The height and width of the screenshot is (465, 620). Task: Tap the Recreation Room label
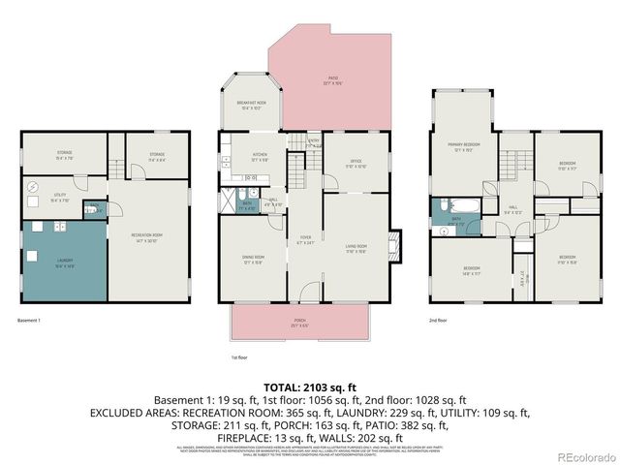click(x=146, y=236)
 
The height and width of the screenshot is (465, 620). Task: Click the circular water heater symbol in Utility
click(x=32, y=185)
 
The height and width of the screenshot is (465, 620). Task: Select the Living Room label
click(x=356, y=248)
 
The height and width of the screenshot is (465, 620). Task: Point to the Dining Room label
click(x=252, y=259)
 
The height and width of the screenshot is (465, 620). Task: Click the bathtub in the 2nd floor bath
click(x=452, y=205)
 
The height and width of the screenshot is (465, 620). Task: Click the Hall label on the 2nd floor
click(x=512, y=209)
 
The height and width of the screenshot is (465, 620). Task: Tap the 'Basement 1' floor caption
click(x=30, y=320)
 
